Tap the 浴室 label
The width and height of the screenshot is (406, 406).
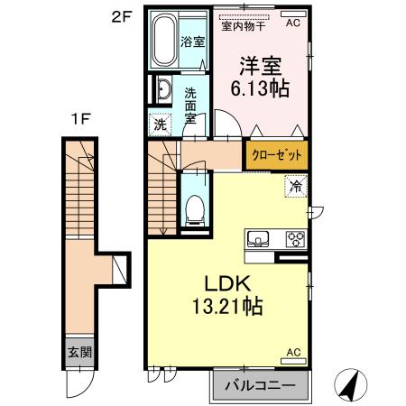[x=192, y=42]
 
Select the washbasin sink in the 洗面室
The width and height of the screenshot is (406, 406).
[x=166, y=90]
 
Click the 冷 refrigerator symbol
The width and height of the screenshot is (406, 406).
[x=295, y=188]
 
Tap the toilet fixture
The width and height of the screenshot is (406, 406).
[x=191, y=210]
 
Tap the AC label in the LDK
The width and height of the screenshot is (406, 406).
[x=293, y=351]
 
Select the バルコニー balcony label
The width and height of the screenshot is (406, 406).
[x=261, y=385]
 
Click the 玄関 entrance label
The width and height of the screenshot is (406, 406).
[x=76, y=353]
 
